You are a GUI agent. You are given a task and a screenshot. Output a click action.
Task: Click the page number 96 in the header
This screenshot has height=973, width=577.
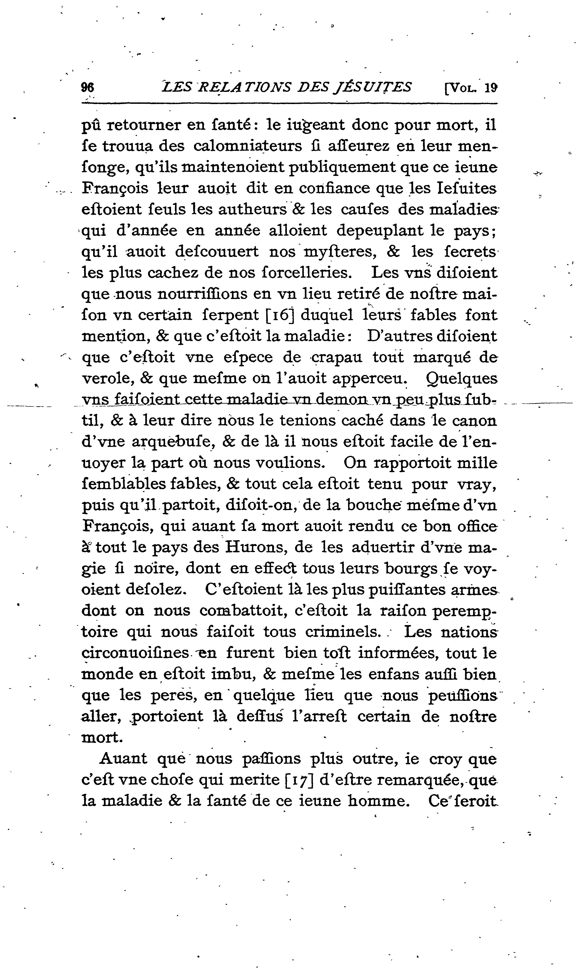(x=88, y=87)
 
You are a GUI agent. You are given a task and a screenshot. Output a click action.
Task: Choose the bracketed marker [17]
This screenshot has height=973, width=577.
(x=299, y=780)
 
